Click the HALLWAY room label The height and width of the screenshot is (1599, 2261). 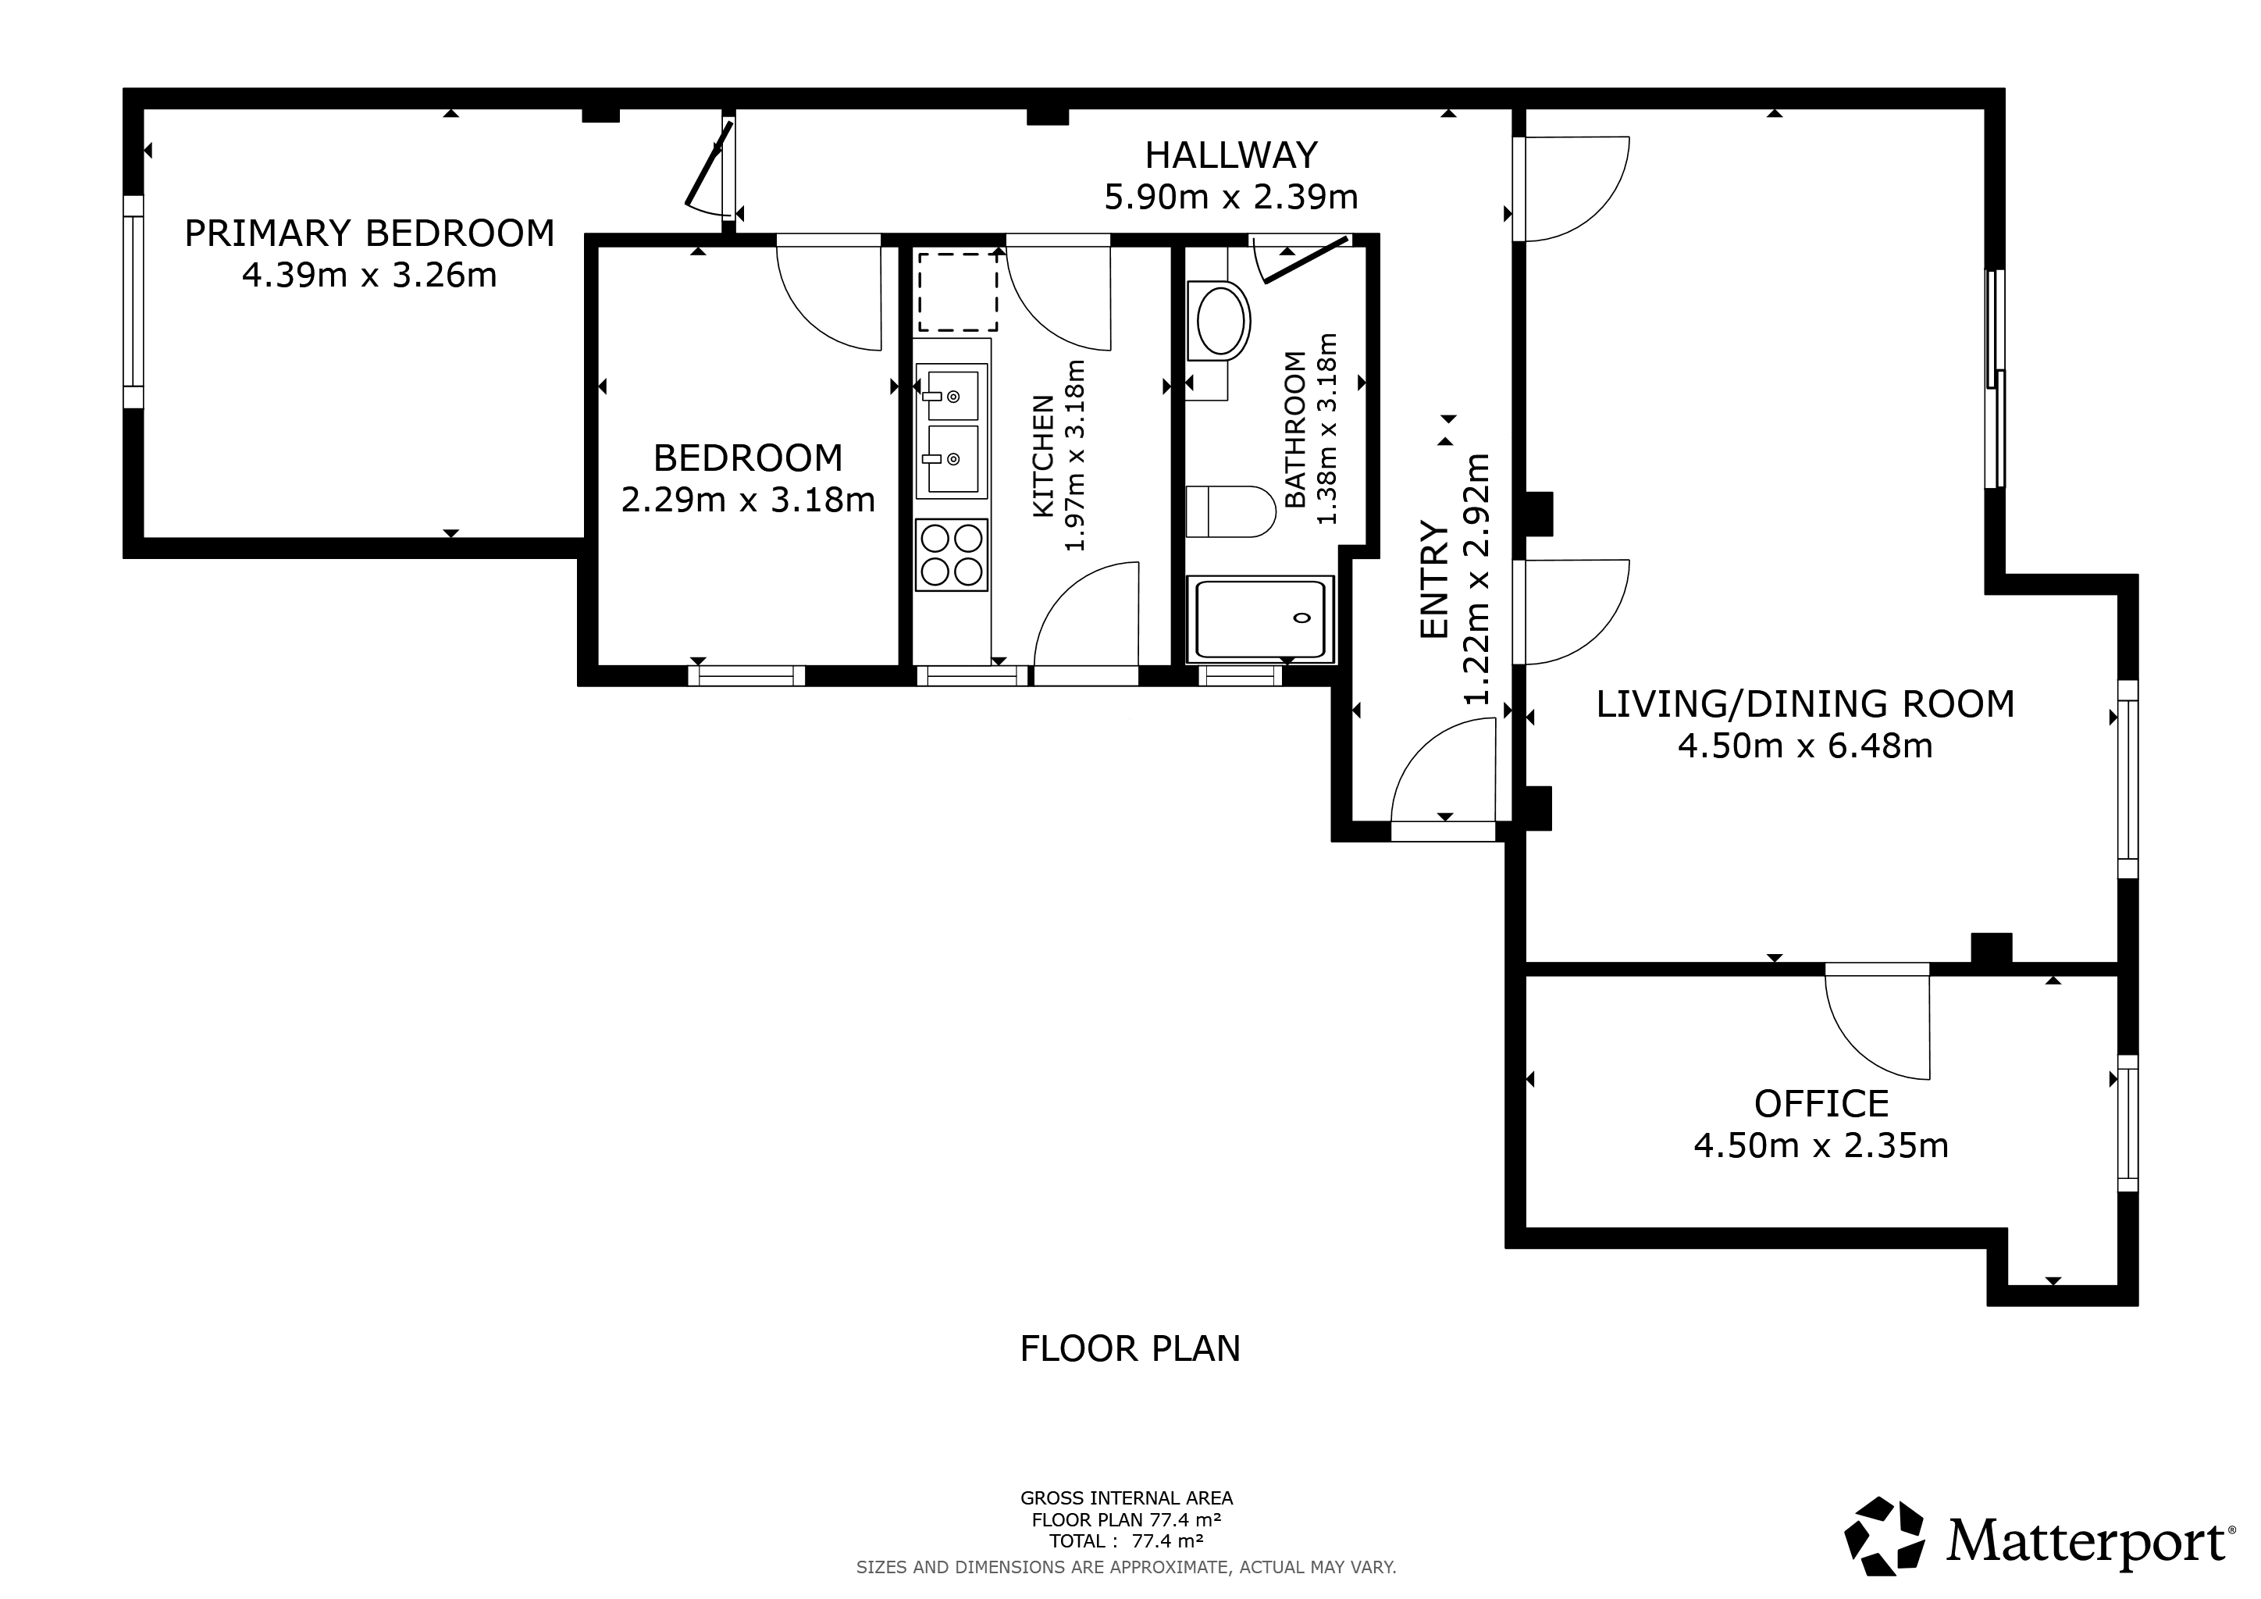click(x=1231, y=155)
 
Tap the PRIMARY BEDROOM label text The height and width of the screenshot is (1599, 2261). click(x=369, y=233)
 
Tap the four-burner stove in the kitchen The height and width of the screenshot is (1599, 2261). click(x=951, y=554)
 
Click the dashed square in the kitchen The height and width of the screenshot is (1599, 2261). click(x=958, y=293)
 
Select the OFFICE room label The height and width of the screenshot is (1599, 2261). click(x=1821, y=1104)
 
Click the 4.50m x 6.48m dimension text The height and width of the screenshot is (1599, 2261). click(x=1805, y=746)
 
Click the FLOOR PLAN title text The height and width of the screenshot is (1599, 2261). click(x=1130, y=1348)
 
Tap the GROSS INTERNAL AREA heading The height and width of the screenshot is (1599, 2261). click(x=1127, y=1498)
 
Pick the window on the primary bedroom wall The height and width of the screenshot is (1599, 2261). click(x=133, y=301)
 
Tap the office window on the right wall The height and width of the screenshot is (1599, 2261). click(x=2128, y=1123)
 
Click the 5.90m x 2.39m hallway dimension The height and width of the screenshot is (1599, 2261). click(x=1231, y=198)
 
